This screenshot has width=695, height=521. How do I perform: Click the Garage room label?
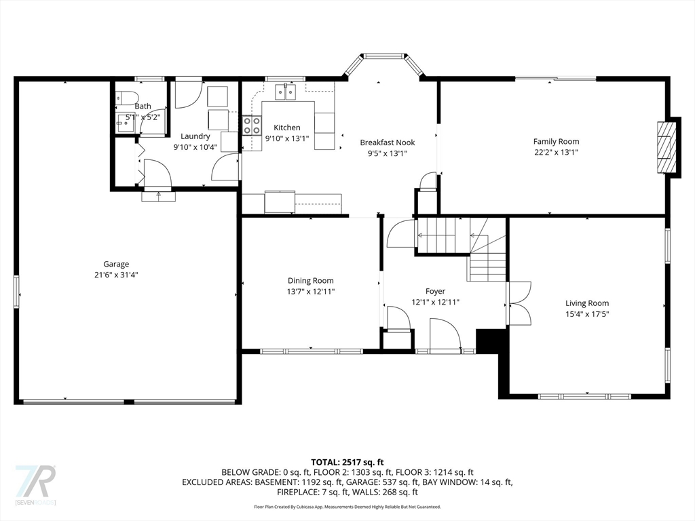116,264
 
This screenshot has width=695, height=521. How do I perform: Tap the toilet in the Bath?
127,98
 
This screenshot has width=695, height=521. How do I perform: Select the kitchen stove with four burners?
252,125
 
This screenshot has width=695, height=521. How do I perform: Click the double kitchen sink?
286,92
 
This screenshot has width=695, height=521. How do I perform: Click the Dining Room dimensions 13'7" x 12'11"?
311,292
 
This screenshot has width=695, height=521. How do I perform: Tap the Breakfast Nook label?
388,142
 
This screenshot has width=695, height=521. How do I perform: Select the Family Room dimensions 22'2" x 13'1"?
557,153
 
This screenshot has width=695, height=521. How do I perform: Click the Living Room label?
587,303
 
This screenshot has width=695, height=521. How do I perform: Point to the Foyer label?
435,291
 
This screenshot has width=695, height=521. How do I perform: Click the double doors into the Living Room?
519,303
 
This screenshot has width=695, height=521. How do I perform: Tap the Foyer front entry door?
445,335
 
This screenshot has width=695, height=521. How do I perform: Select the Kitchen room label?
287,128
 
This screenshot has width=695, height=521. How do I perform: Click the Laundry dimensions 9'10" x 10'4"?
195,147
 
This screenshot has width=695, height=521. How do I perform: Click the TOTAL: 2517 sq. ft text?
347,463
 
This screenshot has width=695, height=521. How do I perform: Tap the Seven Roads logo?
35,484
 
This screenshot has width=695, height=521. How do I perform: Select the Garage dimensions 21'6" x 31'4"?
116,275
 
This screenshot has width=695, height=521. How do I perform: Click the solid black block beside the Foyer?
487,341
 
